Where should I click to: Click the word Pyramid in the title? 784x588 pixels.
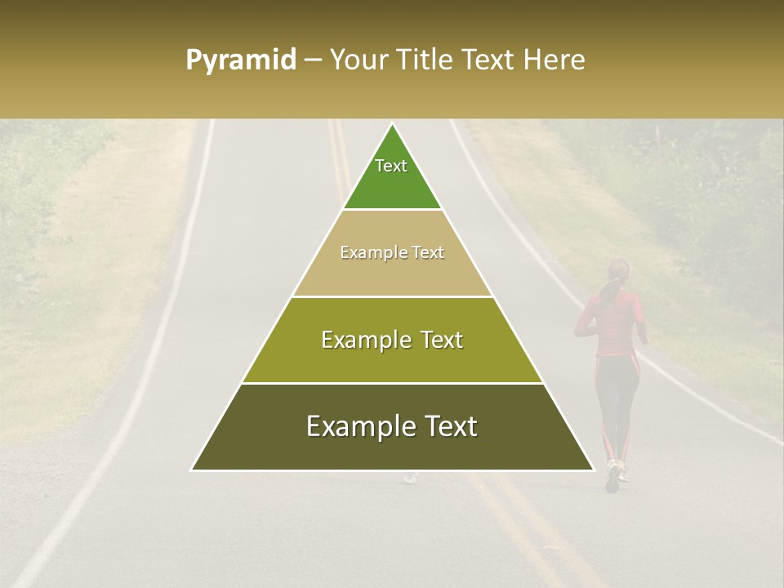click(240, 60)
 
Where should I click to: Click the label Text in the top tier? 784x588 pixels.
click(391, 166)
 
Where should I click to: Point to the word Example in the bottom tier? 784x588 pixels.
click(356, 426)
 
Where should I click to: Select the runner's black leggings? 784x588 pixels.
click(617, 400)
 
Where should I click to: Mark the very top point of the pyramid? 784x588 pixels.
click(392, 125)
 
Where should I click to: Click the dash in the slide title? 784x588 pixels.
click(312, 60)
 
